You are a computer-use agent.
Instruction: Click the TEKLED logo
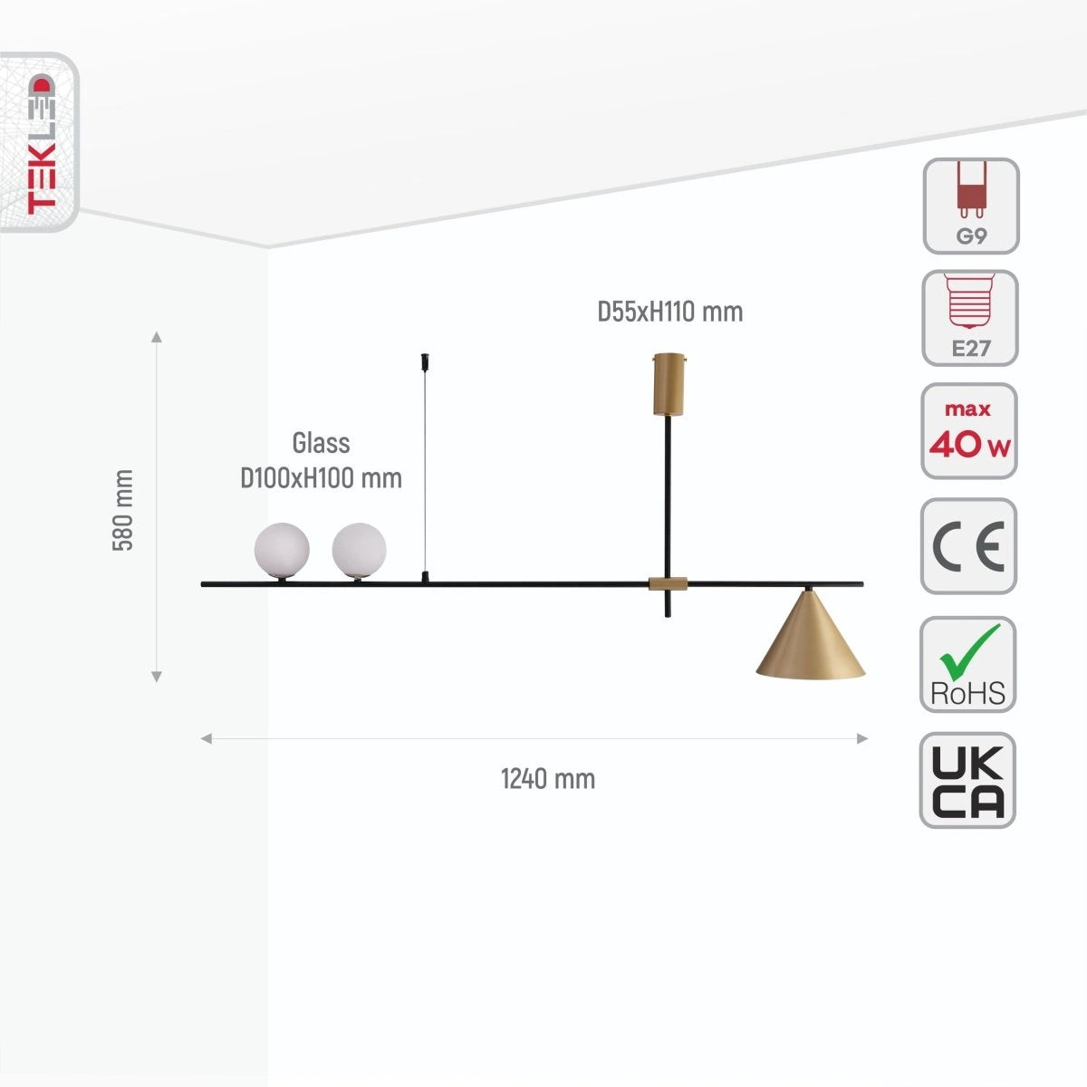point(41,143)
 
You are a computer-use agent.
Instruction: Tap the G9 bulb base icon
point(971,206)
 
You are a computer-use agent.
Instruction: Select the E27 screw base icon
point(969,318)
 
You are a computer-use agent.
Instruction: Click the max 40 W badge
point(968,431)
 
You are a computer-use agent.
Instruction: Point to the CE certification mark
point(968,546)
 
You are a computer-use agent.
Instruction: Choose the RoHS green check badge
point(967,664)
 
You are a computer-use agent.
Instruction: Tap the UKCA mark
point(967,780)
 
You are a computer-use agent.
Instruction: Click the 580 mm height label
point(123,510)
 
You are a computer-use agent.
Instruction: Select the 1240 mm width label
point(548,779)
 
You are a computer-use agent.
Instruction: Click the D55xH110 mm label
point(669,312)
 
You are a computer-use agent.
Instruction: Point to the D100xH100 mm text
point(321,478)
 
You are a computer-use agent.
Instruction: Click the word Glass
point(321,443)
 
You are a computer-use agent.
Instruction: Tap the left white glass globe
point(282,550)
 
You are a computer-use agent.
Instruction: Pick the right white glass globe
point(359,550)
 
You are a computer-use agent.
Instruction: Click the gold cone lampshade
point(810,635)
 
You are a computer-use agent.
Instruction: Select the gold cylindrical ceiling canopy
point(669,383)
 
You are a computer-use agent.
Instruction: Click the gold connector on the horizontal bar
point(668,584)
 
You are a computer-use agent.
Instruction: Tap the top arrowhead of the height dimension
point(157,337)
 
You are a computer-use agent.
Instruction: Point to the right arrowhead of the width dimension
point(862,738)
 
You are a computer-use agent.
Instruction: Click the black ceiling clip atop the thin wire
point(425,361)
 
